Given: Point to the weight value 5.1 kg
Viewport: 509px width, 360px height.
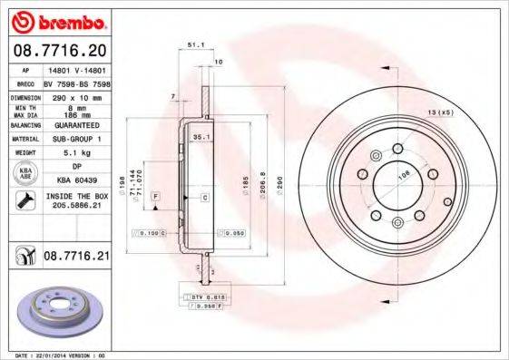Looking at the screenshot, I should pyautogui.click(x=76, y=152).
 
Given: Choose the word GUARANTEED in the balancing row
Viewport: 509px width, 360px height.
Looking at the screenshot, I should pyautogui.click(x=76, y=125).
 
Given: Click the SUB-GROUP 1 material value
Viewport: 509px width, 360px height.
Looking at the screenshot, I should pyautogui.click(x=76, y=139).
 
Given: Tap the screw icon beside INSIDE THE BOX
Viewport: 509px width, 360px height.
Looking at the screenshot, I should pyautogui.click(x=24, y=200).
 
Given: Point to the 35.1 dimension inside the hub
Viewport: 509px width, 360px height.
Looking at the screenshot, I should pyautogui.click(x=201, y=136).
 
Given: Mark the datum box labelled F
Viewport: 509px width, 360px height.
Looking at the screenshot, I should pyautogui.click(x=155, y=196).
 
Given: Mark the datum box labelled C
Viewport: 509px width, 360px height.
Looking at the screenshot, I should pyautogui.click(x=204, y=197).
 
